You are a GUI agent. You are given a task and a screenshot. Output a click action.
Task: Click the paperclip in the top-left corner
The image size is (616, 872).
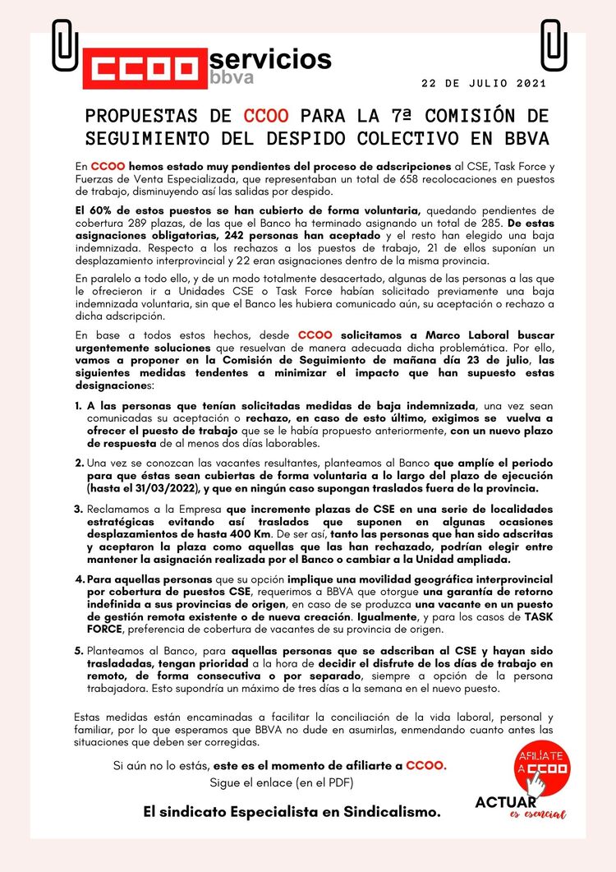(x=63, y=45)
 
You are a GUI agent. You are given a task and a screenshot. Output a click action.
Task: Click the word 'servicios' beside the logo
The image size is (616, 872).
(x=271, y=58)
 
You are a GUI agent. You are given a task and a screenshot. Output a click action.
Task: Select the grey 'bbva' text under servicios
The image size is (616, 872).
(x=232, y=78)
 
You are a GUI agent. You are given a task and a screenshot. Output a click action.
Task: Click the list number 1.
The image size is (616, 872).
(x=78, y=405)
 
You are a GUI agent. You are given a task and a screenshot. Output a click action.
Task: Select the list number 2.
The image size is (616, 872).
(x=78, y=464)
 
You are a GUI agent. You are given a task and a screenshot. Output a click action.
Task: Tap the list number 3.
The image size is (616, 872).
(x=78, y=509)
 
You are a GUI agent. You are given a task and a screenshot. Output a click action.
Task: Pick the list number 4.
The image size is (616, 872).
(x=78, y=578)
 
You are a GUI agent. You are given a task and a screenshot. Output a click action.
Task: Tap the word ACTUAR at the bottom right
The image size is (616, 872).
(x=506, y=801)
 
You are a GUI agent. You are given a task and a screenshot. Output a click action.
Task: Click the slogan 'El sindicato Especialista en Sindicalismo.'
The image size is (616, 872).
(x=292, y=812)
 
